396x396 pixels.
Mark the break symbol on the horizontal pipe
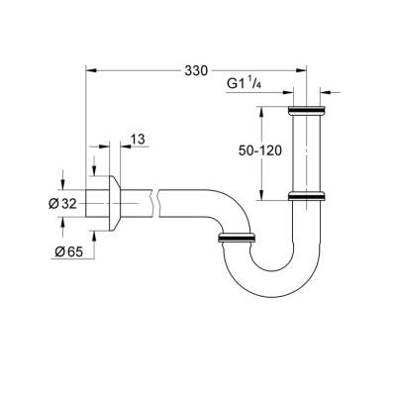153,204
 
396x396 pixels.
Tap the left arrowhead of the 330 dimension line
91,68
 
